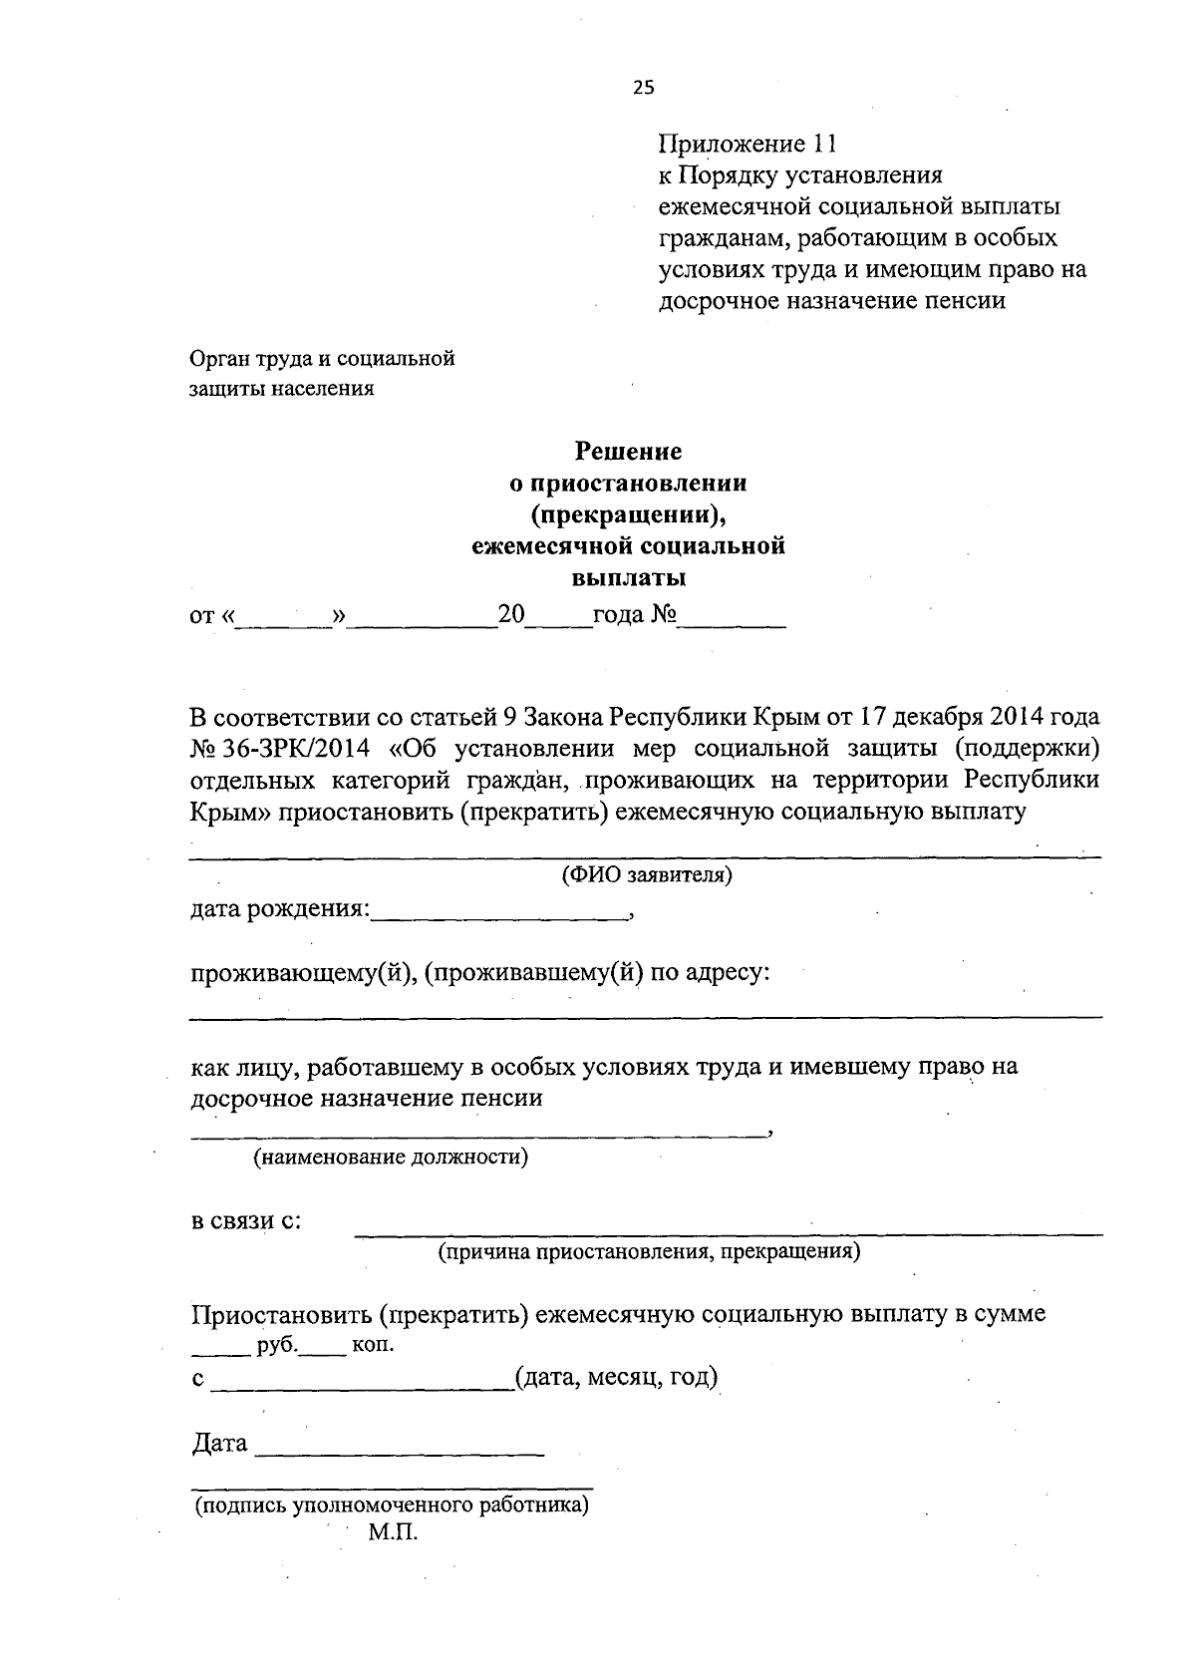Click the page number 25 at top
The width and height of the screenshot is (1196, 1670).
[x=643, y=88]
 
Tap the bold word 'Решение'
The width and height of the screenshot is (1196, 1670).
[x=628, y=452]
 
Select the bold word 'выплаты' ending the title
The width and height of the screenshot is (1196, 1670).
[x=628, y=577]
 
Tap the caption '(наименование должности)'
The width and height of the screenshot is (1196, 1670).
[x=390, y=1157]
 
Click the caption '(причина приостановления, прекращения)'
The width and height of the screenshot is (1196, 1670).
[x=650, y=1251]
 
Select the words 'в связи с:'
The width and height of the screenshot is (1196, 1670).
[x=246, y=1221]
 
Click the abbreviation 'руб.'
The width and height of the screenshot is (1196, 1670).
[x=276, y=1345]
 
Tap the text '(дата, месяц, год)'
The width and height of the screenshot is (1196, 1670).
[x=616, y=1378]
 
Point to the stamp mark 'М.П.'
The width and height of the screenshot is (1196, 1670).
[x=393, y=1533]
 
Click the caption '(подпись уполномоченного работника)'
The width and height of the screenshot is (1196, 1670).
[x=392, y=1505]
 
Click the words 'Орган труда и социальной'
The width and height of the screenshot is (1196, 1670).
[x=322, y=358]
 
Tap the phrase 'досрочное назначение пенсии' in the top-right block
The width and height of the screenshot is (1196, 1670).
[x=831, y=300]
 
